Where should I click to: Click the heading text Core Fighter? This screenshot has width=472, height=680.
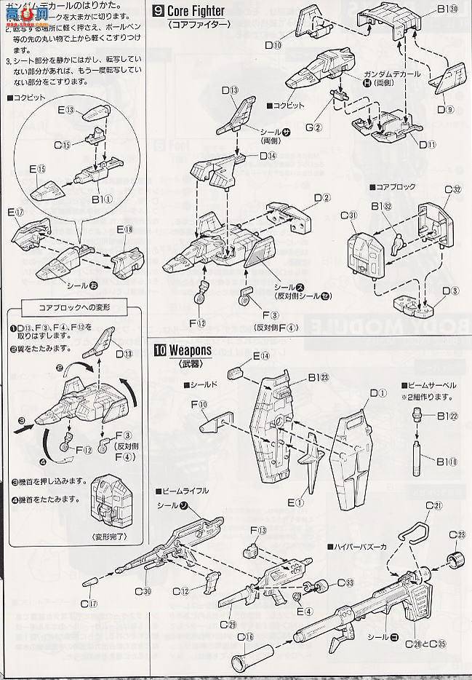click(196, 11)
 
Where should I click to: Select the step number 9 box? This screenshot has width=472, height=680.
click(159, 11)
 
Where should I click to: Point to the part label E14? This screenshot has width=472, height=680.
click(261, 356)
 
